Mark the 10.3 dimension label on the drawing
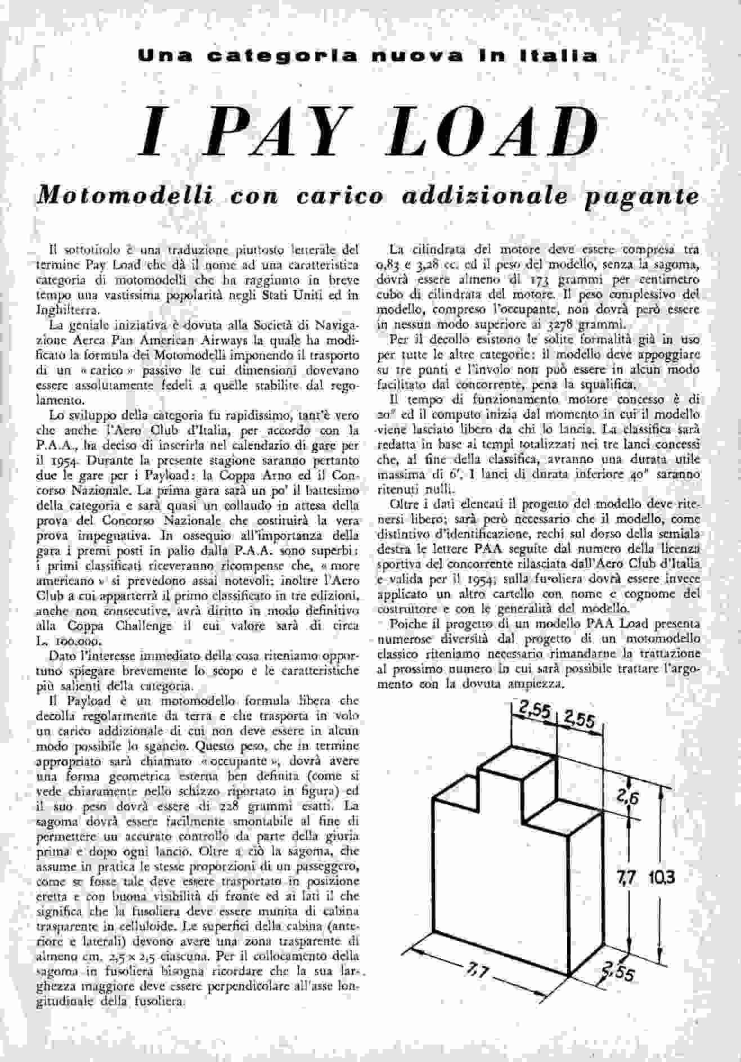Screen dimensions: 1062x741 point(660,877)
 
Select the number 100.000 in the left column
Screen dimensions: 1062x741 point(83,642)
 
